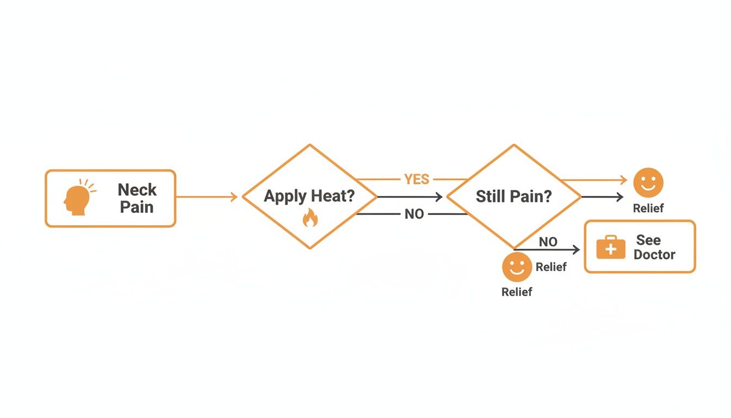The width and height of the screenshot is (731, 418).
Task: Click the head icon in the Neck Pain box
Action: (x=76, y=199)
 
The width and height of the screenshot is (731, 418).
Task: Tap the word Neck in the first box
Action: (x=137, y=190)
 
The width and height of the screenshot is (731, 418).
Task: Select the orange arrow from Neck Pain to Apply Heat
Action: (x=207, y=197)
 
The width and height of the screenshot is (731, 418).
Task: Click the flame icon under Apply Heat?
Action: (x=309, y=219)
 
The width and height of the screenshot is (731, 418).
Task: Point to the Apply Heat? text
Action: (x=309, y=196)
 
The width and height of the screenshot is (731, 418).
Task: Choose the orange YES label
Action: (x=417, y=179)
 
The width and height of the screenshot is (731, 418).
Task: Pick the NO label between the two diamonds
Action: (x=414, y=214)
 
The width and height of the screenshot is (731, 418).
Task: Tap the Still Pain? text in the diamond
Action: (x=513, y=196)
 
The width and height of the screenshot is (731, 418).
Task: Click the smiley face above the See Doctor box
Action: (x=648, y=182)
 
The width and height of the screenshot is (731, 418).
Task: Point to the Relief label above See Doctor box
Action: (x=648, y=208)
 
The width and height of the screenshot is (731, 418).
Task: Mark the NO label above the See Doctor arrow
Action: (x=548, y=242)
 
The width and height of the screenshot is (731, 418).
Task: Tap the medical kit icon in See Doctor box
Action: (x=611, y=248)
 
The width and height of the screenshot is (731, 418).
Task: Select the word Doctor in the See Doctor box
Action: (x=654, y=255)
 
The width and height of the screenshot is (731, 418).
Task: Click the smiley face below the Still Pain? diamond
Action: (x=516, y=267)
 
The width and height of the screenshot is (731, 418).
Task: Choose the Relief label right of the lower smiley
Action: (x=551, y=267)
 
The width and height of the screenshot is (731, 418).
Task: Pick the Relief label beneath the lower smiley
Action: (x=516, y=292)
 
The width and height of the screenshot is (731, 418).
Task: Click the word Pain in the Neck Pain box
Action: (x=137, y=207)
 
